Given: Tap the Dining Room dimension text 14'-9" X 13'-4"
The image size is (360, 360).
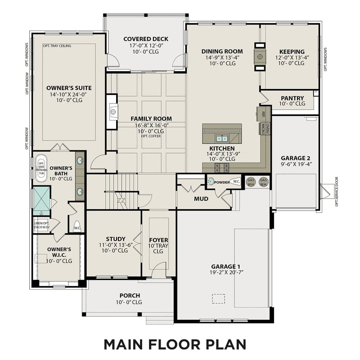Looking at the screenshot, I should pyautogui.click(x=222, y=58).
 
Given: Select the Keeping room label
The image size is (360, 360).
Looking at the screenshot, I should pyautogui.click(x=292, y=52).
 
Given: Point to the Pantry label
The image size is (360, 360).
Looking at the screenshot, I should pyautogui.click(x=292, y=98).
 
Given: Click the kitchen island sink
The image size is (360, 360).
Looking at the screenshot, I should pyautogui.click(x=221, y=138).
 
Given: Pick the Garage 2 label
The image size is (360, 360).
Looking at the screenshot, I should pyautogui.click(x=295, y=158).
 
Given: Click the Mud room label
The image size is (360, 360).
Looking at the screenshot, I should pyautogui.click(x=201, y=198).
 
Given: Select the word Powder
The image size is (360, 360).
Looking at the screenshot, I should pyautogui.click(x=221, y=182).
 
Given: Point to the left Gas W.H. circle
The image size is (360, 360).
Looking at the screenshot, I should pyautogui.click(x=251, y=182).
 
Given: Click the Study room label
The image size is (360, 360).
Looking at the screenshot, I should pyautogui.click(x=116, y=239).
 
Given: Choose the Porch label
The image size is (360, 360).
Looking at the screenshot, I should pyautogui.click(x=129, y=296).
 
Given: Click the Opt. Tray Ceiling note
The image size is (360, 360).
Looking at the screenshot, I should pyautogui.click(x=57, y=46).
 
